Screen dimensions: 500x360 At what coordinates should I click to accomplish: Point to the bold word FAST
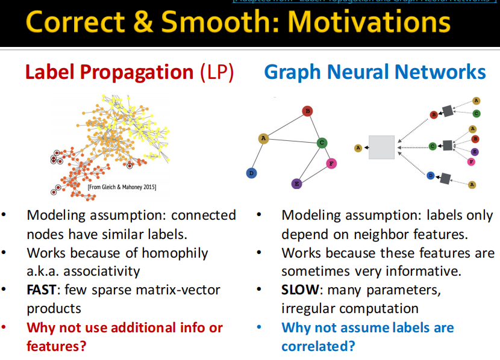tap(41, 290)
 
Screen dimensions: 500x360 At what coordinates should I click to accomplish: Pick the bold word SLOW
tap(299, 290)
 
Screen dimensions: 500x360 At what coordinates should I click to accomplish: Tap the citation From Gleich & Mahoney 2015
tap(122, 188)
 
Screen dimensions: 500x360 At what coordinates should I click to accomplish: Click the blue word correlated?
tap(318, 346)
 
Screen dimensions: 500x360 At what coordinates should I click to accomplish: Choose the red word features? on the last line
tap(56, 346)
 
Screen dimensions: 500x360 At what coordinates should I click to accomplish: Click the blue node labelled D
tap(251, 173)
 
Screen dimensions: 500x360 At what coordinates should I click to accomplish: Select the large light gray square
tap(381, 147)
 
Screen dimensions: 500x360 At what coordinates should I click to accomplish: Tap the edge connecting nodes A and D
tap(257, 156)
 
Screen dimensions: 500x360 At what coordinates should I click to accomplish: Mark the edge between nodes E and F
tap(313, 173)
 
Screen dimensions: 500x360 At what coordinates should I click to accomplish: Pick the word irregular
tap(314, 309)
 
